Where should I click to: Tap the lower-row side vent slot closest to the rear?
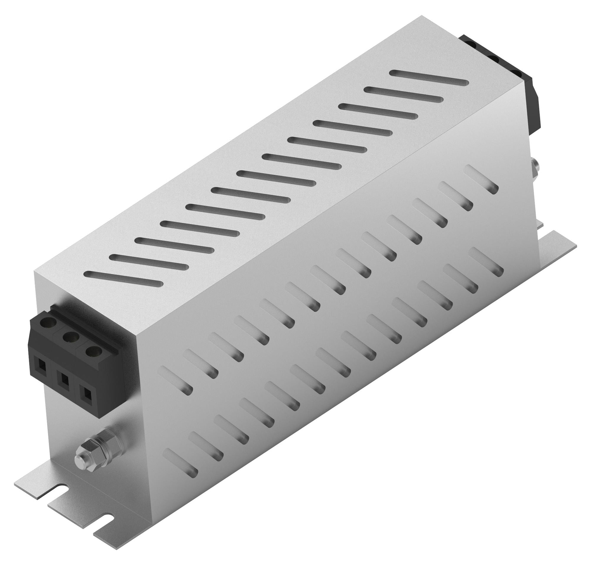click(485, 262)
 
